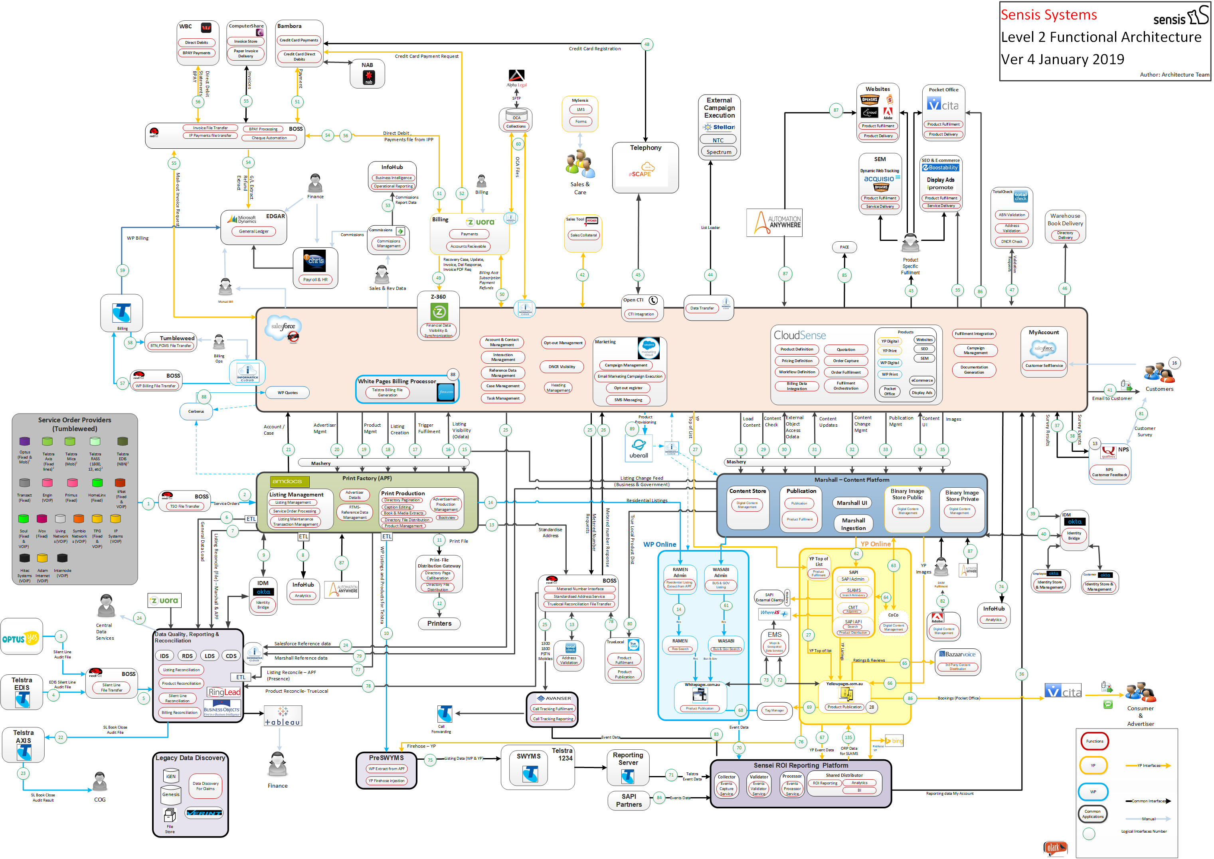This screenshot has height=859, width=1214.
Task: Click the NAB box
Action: point(367,73)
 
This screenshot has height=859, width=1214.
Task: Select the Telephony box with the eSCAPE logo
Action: point(645,167)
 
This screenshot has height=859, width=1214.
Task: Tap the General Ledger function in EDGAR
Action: point(253,231)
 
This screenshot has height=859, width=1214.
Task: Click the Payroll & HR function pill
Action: point(315,279)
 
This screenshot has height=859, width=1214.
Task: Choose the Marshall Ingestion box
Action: point(853,524)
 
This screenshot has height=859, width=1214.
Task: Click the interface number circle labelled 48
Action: point(647,44)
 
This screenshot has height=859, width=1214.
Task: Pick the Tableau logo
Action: point(283,716)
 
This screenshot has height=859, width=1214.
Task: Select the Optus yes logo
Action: point(21,639)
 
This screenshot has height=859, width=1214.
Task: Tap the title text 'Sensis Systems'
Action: point(1048,15)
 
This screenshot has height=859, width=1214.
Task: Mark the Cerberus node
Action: point(196,411)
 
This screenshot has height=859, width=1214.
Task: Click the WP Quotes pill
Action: point(287,392)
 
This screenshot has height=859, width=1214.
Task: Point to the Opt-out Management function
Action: point(563,343)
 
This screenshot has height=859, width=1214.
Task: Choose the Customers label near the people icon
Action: point(1159,389)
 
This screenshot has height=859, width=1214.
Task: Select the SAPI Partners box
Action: point(629,800)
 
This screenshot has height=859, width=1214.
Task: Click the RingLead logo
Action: point(224,692)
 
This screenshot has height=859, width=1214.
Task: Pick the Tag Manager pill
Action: point(774,710)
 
